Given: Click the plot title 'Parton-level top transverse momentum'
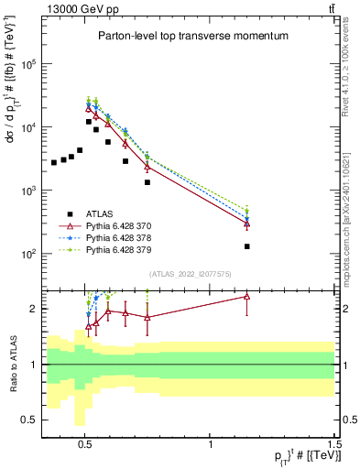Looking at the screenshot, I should point(193,36).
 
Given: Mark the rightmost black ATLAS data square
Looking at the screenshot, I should point(247,246).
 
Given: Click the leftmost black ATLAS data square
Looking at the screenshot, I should point(54,162).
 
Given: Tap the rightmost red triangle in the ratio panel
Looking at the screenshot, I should point(247,296).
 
